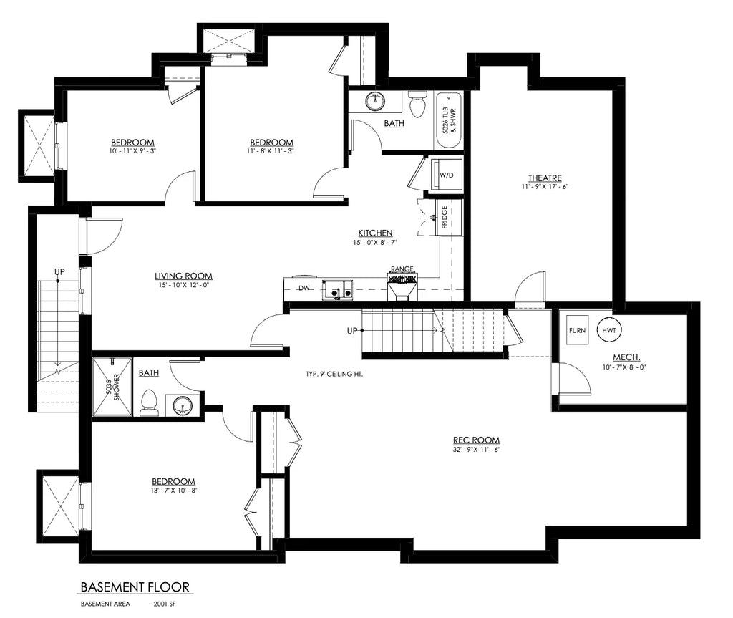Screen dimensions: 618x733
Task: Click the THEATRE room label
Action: click(x=545, y=178)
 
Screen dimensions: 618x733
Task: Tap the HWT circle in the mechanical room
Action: click(x=609, y=330)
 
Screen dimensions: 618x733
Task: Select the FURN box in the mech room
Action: click(x=578, y=330)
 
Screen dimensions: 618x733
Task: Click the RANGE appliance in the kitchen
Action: click(x=402, y=284)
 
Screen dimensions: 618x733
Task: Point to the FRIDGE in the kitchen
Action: click(x=445, y=216)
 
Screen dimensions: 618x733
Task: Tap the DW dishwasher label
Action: click(x=304, y=289)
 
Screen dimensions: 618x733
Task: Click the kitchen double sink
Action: click(x=337, y=289)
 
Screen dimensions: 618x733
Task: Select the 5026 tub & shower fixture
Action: click(x=450, y=120)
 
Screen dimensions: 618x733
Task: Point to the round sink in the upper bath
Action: click(x=374, y=101)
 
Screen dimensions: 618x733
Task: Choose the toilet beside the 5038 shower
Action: click(x=149, y=403)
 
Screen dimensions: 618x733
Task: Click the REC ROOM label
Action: click(x=476, y=440)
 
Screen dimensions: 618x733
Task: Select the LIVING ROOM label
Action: click(x=183, y=276)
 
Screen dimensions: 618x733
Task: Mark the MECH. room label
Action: click(x=626, y=357)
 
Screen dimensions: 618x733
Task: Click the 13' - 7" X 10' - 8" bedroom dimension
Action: click(x=173, y=491)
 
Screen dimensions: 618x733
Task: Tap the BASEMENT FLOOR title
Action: click(x=135, y=587)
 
